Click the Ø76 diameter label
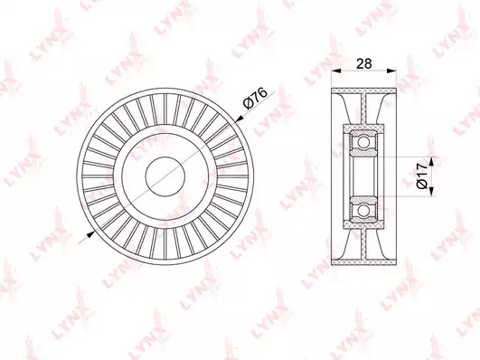(255, 98)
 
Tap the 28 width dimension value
(364, 63)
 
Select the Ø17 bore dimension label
(422, 176)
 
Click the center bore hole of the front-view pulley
(165, 176)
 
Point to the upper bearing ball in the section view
(363, 142)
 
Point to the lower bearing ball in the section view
(363, 211)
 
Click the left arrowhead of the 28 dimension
(336, 71)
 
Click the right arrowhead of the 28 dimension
(391, 71)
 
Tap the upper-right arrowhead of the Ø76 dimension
(240, 118)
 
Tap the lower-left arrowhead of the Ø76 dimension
(90, 234)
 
